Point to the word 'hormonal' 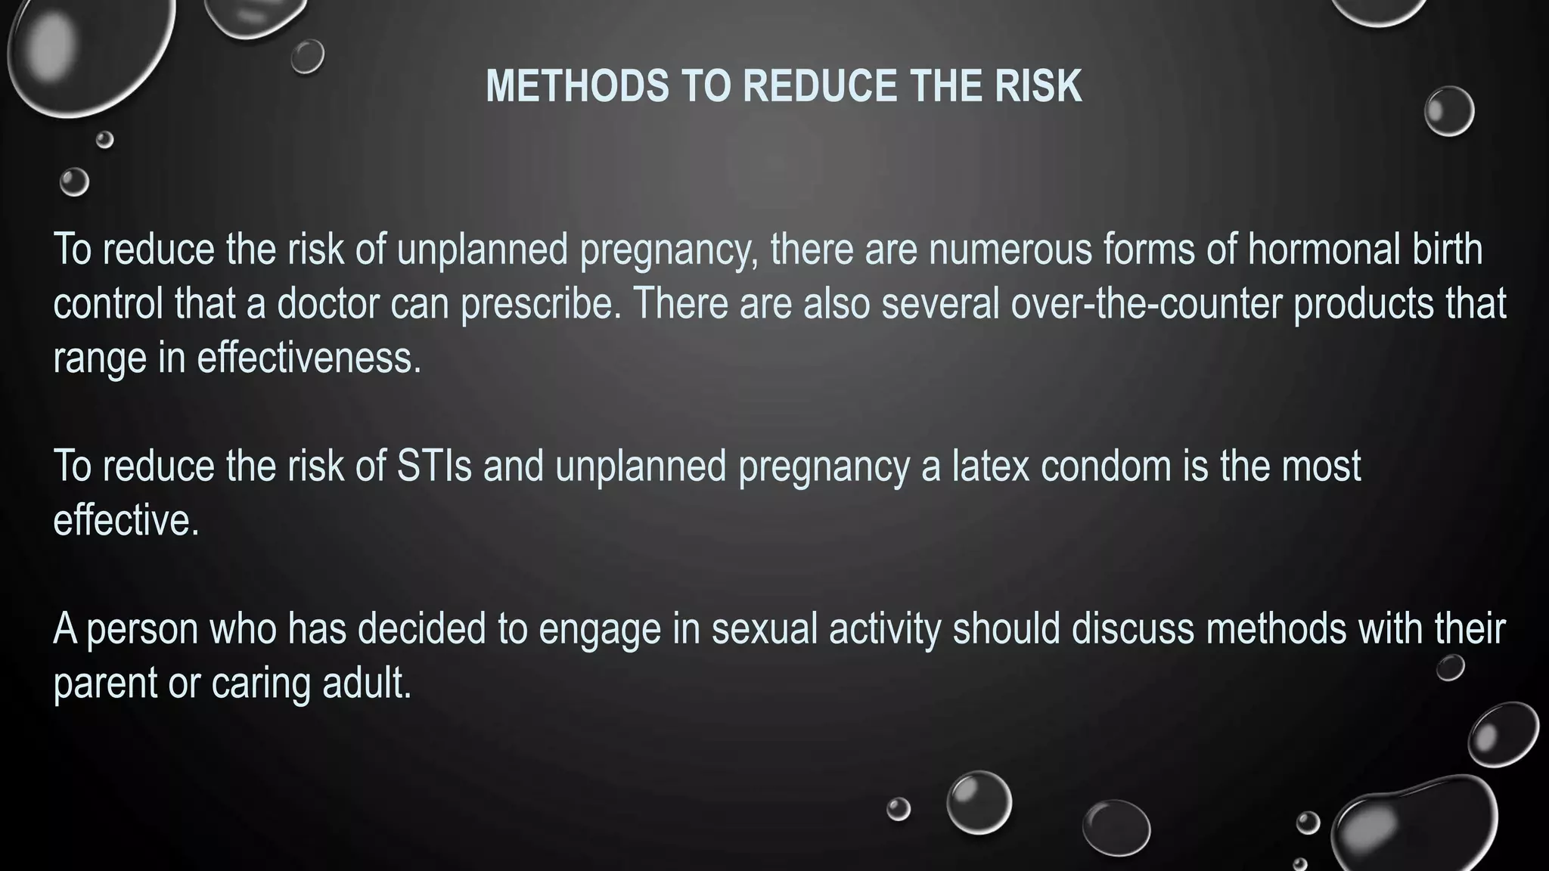[1313, 250]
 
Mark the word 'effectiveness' [309, 357]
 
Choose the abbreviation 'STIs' [434, 466]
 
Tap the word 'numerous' [1010, 250]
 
